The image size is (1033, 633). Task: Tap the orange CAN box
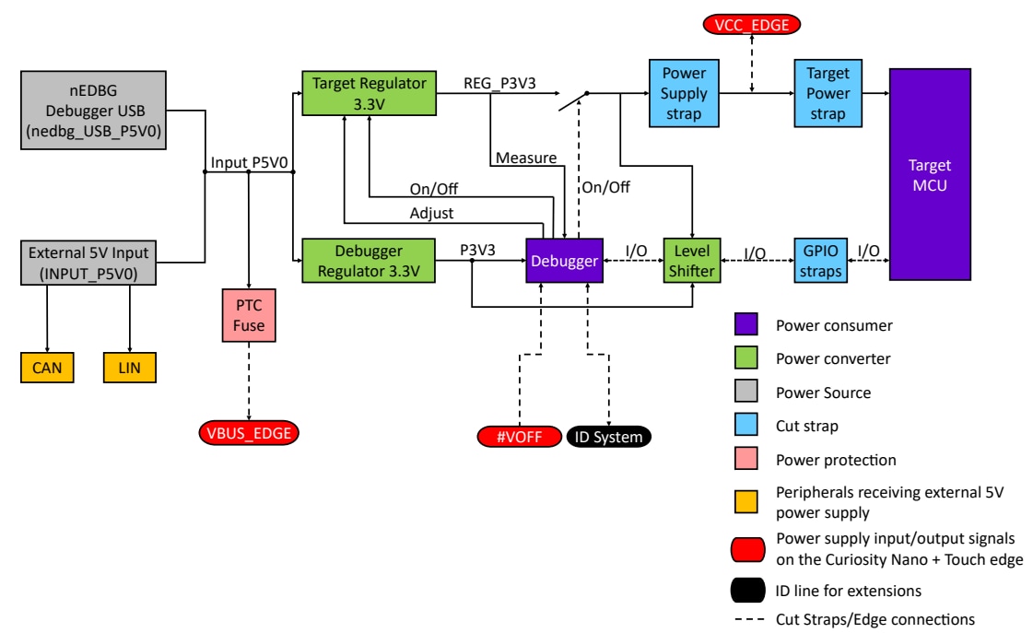pos(48,368)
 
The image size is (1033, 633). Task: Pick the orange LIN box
pos(129,368)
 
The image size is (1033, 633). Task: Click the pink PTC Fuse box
pos(249,314)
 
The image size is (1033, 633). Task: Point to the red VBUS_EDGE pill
pos(249,433)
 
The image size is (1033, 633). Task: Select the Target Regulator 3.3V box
pos(369,92)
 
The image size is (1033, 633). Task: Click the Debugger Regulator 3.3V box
pos(369,262)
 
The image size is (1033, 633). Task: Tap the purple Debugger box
pos(563,262)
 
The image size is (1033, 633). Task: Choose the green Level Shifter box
pos(691,262)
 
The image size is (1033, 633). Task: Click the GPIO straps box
pos(821,262)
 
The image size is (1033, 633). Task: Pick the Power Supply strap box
pos(684,93)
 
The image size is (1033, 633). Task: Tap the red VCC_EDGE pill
pos(752,25)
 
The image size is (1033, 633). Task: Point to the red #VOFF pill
pos(519,437)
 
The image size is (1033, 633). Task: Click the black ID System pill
pos(607,437)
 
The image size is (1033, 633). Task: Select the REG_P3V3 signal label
pos(500,83)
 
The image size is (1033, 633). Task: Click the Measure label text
pos(526,158)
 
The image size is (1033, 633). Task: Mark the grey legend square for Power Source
pos(745,392)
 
